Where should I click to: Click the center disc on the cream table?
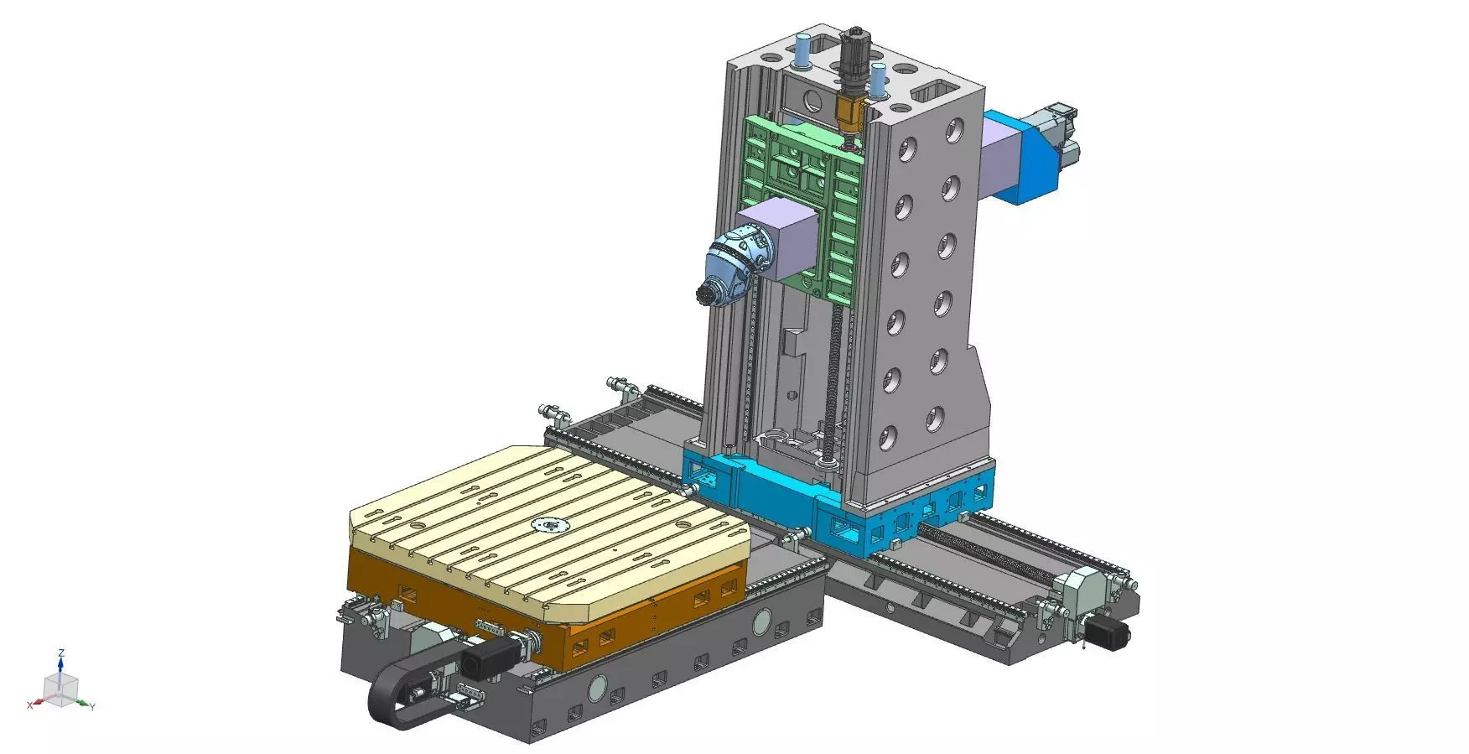pyautogui.click(x=550, y=526)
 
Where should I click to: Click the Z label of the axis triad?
pyautogui.click(x=61, y=653)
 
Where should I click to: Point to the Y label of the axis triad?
pyautogui.click(x=92, y=707)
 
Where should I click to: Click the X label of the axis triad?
pyautogui.click(x=29, y=705)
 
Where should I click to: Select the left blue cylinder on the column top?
pyautogui.click(x=804, y=52)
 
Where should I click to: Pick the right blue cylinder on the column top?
pyautogui.click(x=878, y=80)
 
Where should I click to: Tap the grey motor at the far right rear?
pyautogui.click(x=1058, y=134)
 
